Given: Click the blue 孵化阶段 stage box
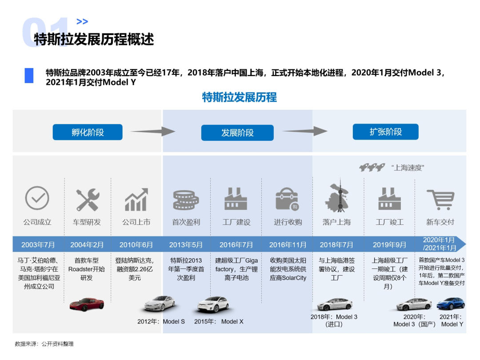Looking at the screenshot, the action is pos(88,132).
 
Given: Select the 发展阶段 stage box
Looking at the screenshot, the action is pos(237,132).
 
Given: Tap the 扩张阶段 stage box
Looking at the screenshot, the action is pos(385,132).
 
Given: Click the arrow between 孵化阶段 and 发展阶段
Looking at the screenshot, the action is pos(152,131).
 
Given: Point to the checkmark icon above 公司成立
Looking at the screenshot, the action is pos(37,198).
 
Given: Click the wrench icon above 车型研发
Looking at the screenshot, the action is pos(87,200).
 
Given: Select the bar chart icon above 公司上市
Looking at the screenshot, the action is pos(136,200).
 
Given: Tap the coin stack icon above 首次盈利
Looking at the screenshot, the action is pos(186,200).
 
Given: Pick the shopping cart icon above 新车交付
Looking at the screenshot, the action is pos(440,200).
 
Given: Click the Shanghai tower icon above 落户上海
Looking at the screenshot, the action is pos(336,197).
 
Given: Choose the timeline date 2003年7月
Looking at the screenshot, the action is pos(38,244).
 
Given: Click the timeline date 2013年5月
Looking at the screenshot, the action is pos(186,244).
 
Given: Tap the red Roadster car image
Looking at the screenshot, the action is pos(87,304).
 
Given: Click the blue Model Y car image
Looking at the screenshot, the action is pos(450,304).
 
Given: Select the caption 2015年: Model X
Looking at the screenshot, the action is pos(219,321).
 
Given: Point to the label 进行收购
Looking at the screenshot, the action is pos(288,222).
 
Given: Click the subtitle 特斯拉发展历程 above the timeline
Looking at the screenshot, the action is pos(239,97).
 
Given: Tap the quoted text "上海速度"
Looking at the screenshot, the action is pos(408,168).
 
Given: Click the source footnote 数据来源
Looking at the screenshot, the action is pos(44,344).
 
